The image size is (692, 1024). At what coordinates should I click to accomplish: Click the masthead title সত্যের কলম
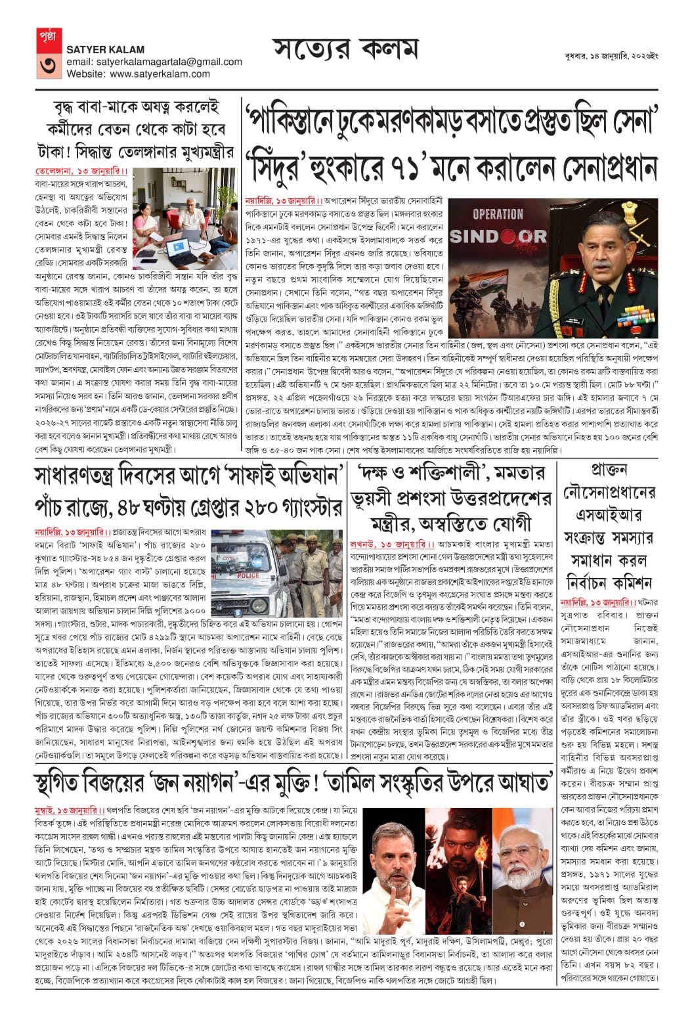[345, 50]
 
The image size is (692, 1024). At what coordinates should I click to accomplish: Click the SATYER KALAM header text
[106, 49]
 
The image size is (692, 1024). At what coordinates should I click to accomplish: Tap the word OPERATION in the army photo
[498, 214]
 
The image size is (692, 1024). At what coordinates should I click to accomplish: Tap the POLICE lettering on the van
[249, 575]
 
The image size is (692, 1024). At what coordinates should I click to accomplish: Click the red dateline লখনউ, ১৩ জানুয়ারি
[392, 545]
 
